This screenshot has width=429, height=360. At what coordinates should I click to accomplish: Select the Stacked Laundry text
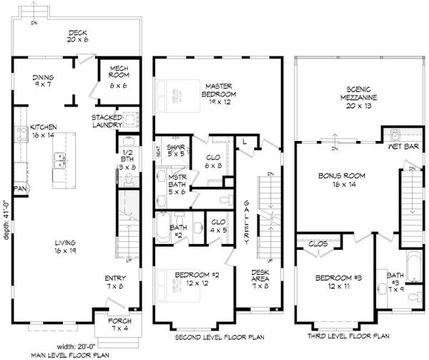point(108,121)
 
